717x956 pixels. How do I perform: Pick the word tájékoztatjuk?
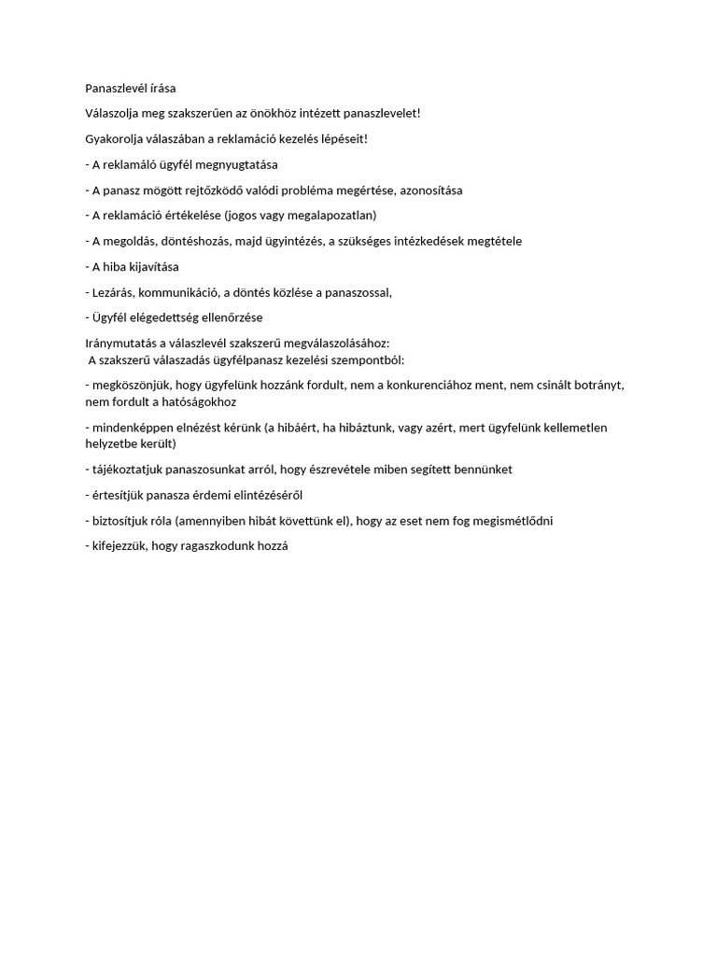[x=124, y=470]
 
